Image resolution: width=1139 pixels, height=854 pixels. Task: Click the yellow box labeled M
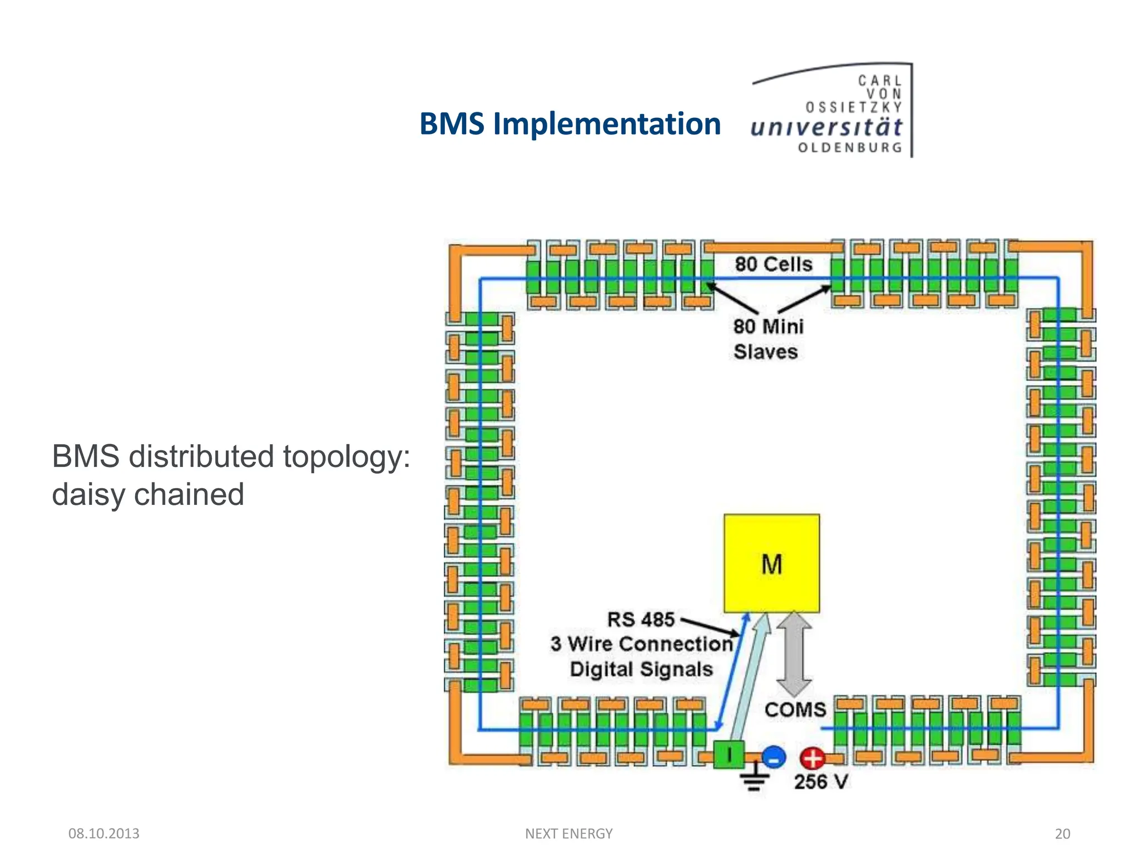tap(771, 563)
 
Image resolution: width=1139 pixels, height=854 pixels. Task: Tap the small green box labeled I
tap(729, 755)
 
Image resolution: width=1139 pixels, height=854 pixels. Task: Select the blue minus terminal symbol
tap(773, 757)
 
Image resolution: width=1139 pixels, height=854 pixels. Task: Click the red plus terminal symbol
tap(813, 758)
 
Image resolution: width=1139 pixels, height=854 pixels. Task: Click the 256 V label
tap(821, 782)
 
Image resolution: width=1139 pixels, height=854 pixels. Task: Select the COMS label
tap(795, 710)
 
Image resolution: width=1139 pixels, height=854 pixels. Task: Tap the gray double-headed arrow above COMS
tap(794, 654)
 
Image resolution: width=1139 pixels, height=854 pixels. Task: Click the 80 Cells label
tap(774, 264)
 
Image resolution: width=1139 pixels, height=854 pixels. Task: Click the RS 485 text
tap(641, 619)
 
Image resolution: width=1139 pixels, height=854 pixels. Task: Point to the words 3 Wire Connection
tap(642, 644)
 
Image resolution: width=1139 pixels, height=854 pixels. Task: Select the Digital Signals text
tap(641, 669)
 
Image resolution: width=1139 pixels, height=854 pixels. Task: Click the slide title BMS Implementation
tap(569, 123)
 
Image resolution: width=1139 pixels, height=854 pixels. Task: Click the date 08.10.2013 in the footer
tap(103, 833)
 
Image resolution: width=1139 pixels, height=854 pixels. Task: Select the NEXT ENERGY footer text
tap(568, 833)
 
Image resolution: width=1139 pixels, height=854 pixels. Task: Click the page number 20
tap(1062, 833)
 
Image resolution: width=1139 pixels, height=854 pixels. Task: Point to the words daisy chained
tap(148, 494)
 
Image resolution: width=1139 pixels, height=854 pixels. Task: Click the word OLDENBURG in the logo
tap(850, 148)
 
